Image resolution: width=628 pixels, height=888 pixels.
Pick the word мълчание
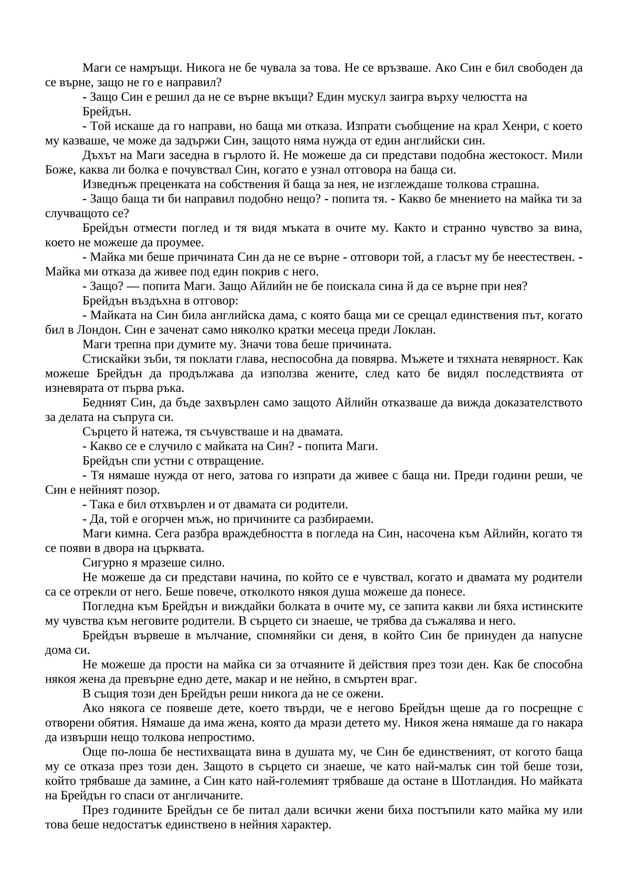point(218,636)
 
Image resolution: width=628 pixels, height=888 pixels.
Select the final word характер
point(303,825)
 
